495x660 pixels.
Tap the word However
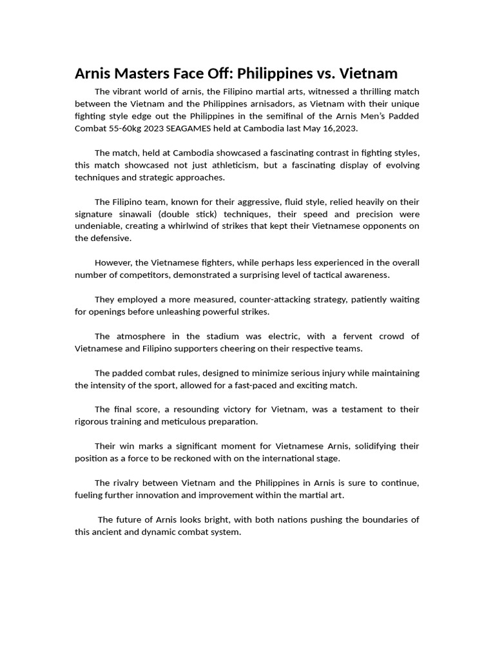[x=113, y=263]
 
